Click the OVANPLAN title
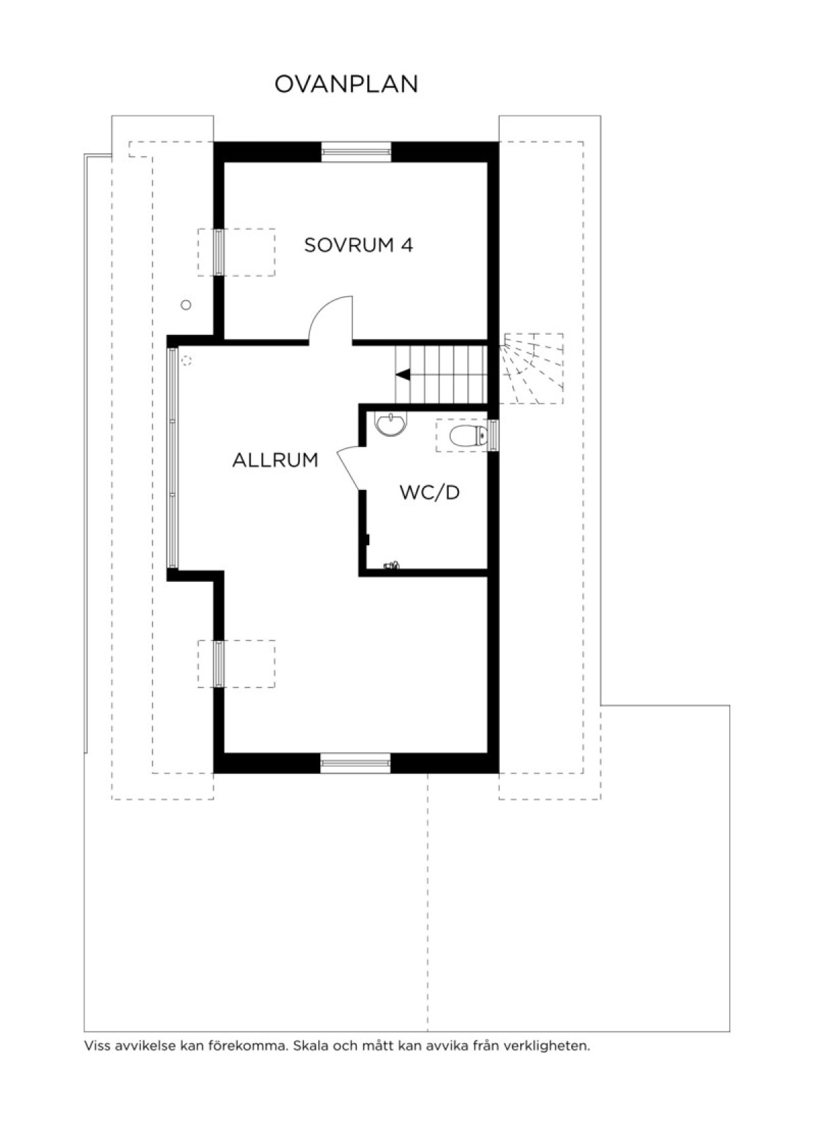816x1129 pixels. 346,84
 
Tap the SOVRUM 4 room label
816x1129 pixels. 358,246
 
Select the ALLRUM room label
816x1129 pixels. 275,460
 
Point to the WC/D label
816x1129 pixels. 430,493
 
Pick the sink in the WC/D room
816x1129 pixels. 390,423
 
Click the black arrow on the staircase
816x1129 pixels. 403,375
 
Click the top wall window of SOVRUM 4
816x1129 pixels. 356,152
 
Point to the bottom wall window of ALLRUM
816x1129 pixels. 356,763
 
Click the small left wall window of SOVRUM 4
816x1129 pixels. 218,252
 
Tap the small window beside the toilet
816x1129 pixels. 494,436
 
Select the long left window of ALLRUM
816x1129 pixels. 173,458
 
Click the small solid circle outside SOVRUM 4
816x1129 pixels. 186,305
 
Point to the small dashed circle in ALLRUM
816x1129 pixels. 187,361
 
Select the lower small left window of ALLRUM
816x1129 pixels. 218,664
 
